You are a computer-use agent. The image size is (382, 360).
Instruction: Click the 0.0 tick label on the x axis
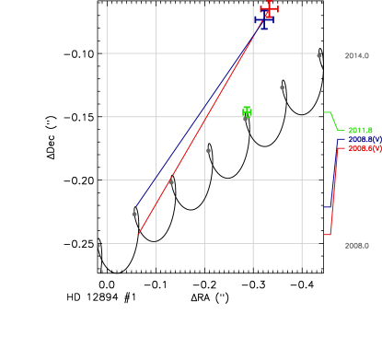point(106,286)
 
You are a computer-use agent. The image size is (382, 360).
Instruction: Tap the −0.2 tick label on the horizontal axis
point(202,286)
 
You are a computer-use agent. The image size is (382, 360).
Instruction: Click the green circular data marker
point(247,111)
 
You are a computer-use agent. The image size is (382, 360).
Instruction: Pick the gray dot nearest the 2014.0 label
point(318,55)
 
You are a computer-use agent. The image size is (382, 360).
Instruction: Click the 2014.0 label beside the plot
point(356,56)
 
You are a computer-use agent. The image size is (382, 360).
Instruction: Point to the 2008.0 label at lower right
point(356,246)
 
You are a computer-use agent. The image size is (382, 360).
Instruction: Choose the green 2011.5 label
point(360,130)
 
